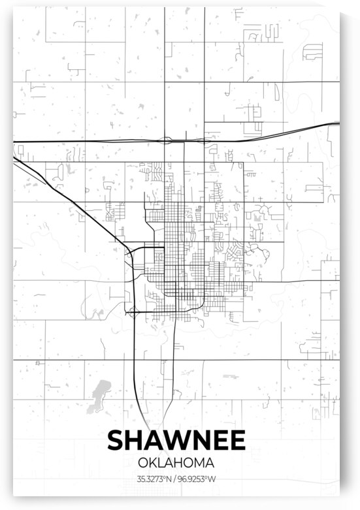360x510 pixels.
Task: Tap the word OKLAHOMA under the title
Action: (x=176, y=462)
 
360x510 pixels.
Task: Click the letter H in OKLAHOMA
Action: (x=182, y=462)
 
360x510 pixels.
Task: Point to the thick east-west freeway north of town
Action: (x=98, y=142)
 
